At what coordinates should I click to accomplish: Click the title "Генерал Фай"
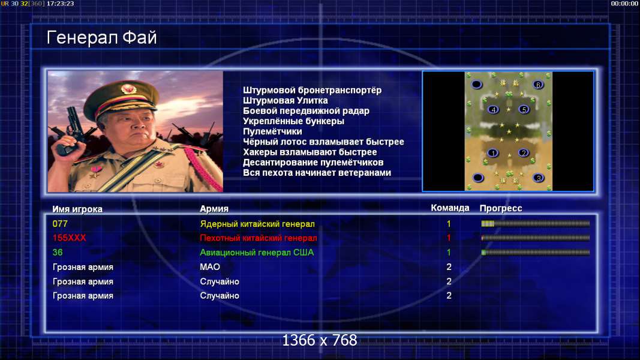101,38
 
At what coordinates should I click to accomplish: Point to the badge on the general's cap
128,89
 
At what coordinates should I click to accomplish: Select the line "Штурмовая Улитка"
286,101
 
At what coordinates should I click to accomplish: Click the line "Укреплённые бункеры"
293,121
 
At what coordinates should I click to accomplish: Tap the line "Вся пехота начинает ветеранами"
317,173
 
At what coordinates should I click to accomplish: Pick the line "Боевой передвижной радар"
306,111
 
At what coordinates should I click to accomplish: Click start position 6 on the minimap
538,85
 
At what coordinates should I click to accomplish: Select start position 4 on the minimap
494,109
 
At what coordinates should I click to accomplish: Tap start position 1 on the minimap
492,153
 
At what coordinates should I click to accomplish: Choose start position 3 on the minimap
539,178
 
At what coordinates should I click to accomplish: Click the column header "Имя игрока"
77,209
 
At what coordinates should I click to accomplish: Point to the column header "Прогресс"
501,208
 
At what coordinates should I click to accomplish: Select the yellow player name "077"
60,224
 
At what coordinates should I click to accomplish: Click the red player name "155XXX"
70,238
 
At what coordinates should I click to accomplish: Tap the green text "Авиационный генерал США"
257,253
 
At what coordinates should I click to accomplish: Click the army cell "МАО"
210,267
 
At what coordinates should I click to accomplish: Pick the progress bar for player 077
536,224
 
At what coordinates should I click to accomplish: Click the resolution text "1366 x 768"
320,340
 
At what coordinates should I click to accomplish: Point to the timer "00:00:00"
624,4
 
